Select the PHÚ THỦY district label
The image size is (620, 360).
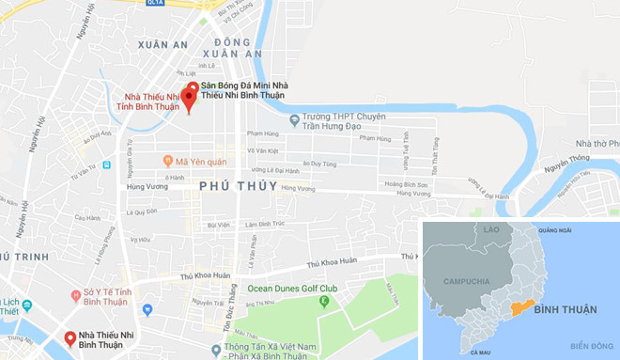click(x=238, y=186)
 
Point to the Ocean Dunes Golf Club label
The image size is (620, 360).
click(x=291, y=289)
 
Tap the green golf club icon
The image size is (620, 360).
click(x=324, y=302)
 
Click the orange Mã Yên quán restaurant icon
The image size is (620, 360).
click(x=167, y=160)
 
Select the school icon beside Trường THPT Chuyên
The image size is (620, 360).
click(x=294, y=119)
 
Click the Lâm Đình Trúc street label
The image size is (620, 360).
click(x=263, y=224)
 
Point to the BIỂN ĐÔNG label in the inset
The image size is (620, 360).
click(x=591, y=345)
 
